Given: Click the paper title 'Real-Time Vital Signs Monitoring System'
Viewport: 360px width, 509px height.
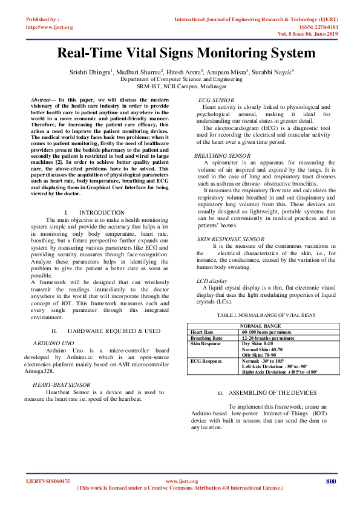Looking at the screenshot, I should pyautogui.click(x=186, y=53).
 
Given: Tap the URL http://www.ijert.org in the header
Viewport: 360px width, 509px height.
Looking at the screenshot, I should pyautogui.click(x=49, y=27).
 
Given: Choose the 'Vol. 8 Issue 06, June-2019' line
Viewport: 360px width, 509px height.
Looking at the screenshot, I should pyautogui.click(x=309, y=34).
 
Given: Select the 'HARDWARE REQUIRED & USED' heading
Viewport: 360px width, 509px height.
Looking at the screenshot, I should pyautogui.click(x=114, y=331).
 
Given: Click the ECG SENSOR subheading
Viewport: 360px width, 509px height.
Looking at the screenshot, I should pyautogui.click(x=217, y=100).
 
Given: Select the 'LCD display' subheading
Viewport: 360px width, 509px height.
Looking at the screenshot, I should pyautogui.click(x=212, y=281).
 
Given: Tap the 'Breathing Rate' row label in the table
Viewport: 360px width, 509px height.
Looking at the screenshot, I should pyautogui.click(x=206, y=338).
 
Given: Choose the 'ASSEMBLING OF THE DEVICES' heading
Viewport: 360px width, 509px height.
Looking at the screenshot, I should pyautogui.click(x=272, y=392).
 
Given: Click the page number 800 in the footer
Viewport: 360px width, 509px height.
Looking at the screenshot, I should pyautogui.click(x=330, y=481).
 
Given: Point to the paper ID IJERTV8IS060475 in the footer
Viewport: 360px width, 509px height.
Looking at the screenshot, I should pyautogui.click(x=47, y=481).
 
